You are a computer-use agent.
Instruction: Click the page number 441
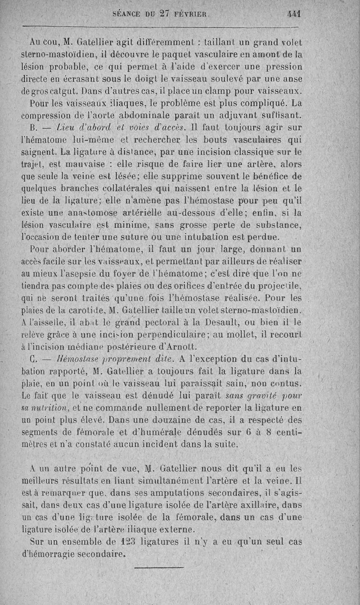pyautogui.click(x=294, y=14)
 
